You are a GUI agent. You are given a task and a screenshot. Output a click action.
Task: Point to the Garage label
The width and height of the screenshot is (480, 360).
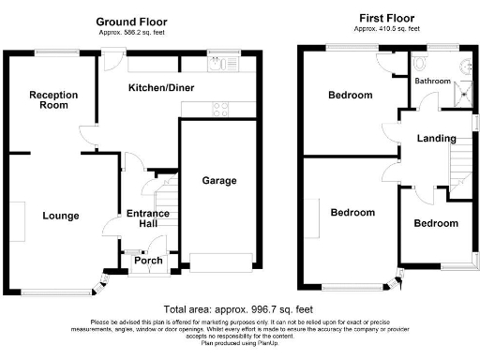pos(219,180)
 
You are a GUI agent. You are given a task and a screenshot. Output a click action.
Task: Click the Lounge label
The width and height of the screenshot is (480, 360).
pos(60,216)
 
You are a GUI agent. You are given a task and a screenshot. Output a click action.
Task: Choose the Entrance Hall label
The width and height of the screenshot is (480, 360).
pos(148,219)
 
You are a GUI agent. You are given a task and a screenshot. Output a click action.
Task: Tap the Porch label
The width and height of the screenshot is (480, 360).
pos(148,261)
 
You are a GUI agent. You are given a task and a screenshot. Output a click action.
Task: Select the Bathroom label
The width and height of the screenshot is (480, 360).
pos(434,82)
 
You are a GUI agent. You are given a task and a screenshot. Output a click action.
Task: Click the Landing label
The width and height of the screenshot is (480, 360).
pos(437,139)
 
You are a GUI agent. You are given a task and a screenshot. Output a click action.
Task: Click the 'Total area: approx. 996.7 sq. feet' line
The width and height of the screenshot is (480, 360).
pos(238,309)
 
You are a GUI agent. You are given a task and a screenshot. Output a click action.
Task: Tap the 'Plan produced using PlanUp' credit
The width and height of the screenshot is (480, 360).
pos(239,344)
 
